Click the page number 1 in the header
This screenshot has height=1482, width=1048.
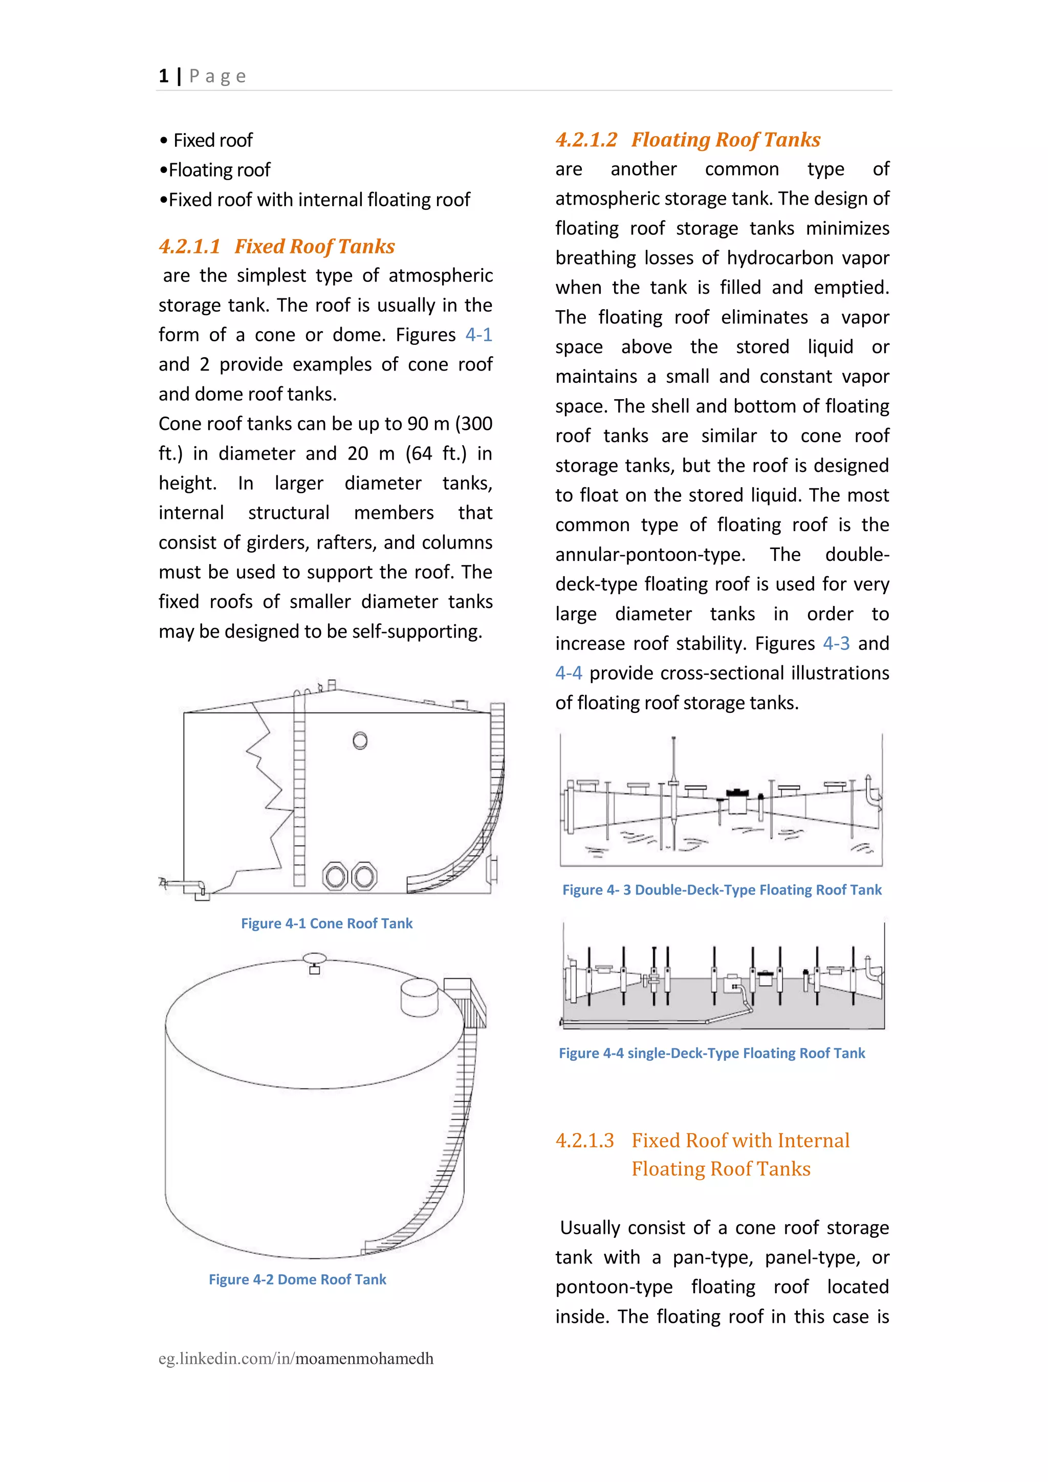163,76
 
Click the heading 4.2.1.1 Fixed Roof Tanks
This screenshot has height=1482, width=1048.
276,246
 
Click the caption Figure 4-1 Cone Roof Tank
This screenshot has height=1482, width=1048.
326,923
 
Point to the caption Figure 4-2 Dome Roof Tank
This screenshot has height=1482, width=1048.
297,1279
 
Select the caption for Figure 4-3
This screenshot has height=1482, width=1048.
722,889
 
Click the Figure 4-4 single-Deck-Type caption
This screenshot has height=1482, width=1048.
711,1053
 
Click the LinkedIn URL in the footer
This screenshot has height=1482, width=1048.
296,1358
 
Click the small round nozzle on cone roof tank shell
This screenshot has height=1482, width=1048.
360,740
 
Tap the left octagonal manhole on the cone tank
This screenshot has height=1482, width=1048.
336,876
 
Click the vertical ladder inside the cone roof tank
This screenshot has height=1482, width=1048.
299,794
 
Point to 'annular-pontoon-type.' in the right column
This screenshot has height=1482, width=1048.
650,554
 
